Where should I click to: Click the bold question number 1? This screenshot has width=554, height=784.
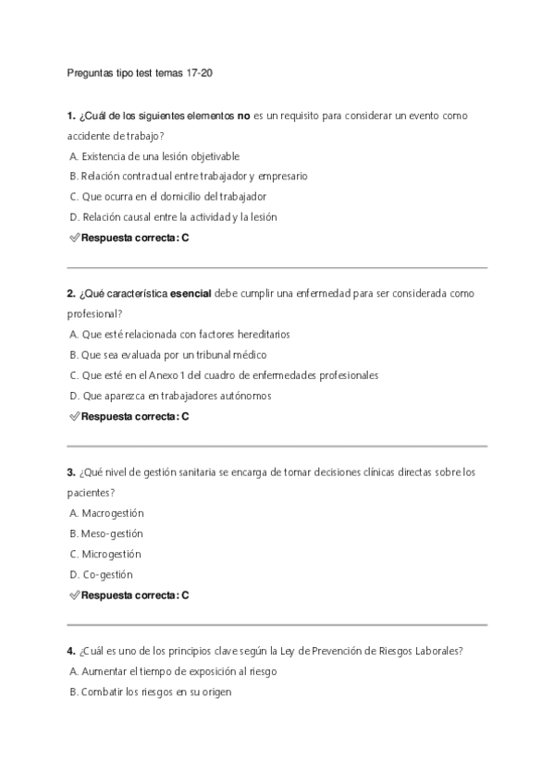click(70, 116)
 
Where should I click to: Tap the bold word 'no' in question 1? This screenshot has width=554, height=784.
click(244, 116)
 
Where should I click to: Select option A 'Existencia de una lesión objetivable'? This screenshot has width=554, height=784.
click(154, 156)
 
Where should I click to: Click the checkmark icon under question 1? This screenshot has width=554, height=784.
click(74, 238)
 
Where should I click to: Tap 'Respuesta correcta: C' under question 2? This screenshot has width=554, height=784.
click(135, 416)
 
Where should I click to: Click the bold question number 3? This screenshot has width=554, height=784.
click(70, 472)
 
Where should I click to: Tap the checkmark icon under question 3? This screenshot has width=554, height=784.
click(74, 595)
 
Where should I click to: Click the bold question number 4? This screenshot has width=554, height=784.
click(70, 652)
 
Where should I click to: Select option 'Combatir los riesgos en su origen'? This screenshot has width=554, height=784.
click(153, 692)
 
